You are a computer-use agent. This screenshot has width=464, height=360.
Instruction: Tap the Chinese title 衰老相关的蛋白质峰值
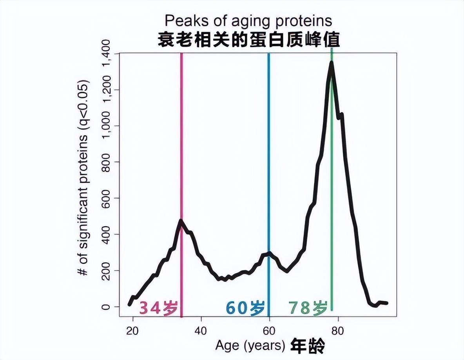pyautogui.click(x=248, y=40)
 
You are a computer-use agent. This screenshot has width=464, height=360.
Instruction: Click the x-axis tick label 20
pyautogui.click(x=133, y=330)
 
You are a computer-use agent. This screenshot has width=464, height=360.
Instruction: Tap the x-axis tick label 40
pyautogui.click(x=201, y=330)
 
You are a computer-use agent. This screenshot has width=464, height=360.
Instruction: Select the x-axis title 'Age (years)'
pyautogui.click(x=250, y=346)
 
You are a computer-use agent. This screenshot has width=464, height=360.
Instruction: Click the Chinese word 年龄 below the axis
pyautogui.click(x=308, y=346)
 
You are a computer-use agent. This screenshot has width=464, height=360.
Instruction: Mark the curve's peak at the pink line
pyautogui.click(x=181, y=220)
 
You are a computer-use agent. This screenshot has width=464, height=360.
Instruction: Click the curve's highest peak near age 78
pyautogui.click(x=332, y=63)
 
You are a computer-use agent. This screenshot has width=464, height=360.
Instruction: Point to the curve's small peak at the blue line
pyautogui.click(x=269, y=253)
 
